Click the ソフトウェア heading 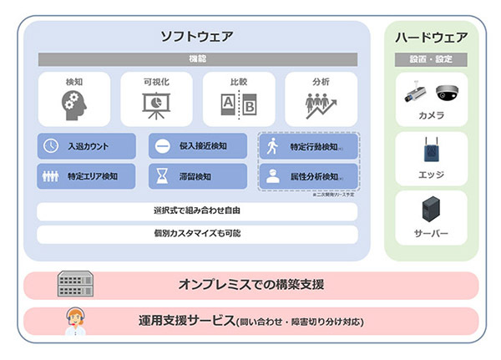(197, 37)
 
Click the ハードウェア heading (431, 37)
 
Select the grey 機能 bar (197, 59)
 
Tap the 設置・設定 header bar (431, 59)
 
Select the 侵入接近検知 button (198, 146)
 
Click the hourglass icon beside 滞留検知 (162, 176)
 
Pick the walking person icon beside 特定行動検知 (272, 147)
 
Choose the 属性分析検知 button (309, 176)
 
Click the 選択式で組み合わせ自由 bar (197, 210)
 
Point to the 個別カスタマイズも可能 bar (197, 233)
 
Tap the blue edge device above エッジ (431, 151)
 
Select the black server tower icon (431, 209)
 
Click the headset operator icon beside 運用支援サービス (75, 321)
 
